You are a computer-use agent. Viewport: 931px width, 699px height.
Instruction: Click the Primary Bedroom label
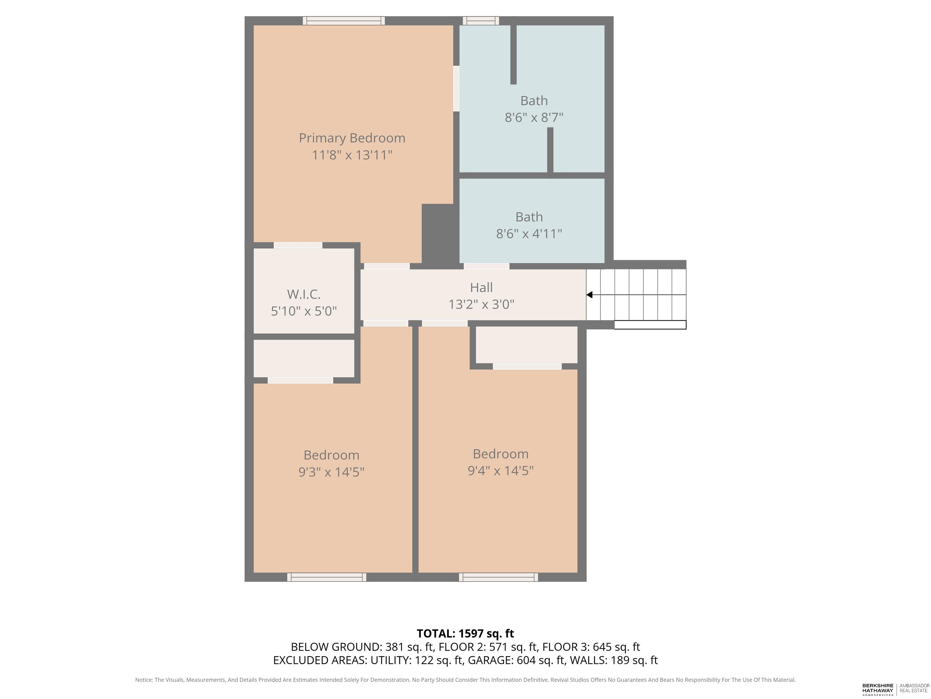(x=352, y=138)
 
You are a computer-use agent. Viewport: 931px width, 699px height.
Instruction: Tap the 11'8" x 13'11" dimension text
(x=352, y=155)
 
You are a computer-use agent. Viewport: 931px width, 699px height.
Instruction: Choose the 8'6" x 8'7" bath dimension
(x=534, y=117)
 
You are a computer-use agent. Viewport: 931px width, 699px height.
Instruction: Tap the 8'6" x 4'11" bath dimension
(x=529, y=233)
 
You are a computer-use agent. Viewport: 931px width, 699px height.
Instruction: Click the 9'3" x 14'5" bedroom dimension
(x=331, y=472)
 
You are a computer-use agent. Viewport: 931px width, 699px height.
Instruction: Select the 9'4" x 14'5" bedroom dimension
(x=500, y=471)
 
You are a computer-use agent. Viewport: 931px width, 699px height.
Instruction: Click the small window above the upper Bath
(x=481, y=21)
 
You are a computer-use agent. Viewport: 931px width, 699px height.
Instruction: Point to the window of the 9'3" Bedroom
(x=327, y=577)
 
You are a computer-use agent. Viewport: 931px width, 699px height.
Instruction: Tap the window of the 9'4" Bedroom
(x=498, y=577)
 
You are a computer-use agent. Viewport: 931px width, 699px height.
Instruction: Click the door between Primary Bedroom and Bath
(x=456, y=89)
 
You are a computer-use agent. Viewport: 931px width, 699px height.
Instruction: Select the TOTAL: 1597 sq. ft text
(x=465, y=634)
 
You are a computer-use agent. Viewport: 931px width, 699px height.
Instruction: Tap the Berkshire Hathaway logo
(x=878, y=689)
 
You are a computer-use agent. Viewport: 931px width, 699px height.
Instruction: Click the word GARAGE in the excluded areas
(x=490, y=660)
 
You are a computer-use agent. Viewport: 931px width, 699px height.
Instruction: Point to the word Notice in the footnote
(x=144, y=680)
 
